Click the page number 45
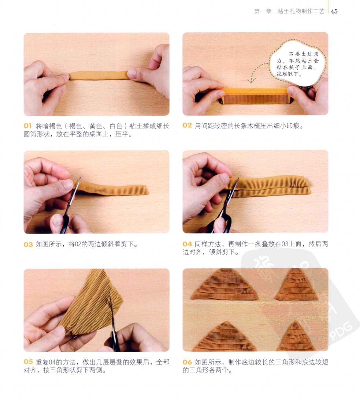pyautogui.click(x=334, y=11)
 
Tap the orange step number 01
pyautogui.click(x=27, y=126)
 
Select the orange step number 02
pyautogui.click(x=187, y=125)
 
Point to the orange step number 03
pyautogui.click(x=28, y=244)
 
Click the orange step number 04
pyautogui.click(x=187, y=244)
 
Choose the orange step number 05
pyautogui.click(x=28, y=362)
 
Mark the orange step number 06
pyautogui.click(x=187, y=362)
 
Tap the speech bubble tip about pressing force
pyautogui.click(x=297, y=63)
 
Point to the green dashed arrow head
pyautogui.click(x=250, y=80)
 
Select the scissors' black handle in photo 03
pyautogui.click(x=64, y=224)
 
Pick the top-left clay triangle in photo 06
pyautogui.click(x=224, y=285)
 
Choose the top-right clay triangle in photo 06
pyautogui.click(x=297, y=285)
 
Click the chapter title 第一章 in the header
pyautogui.click(x=263, y=11)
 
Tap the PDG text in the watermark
pyautogui.click(x=341, y=331)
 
